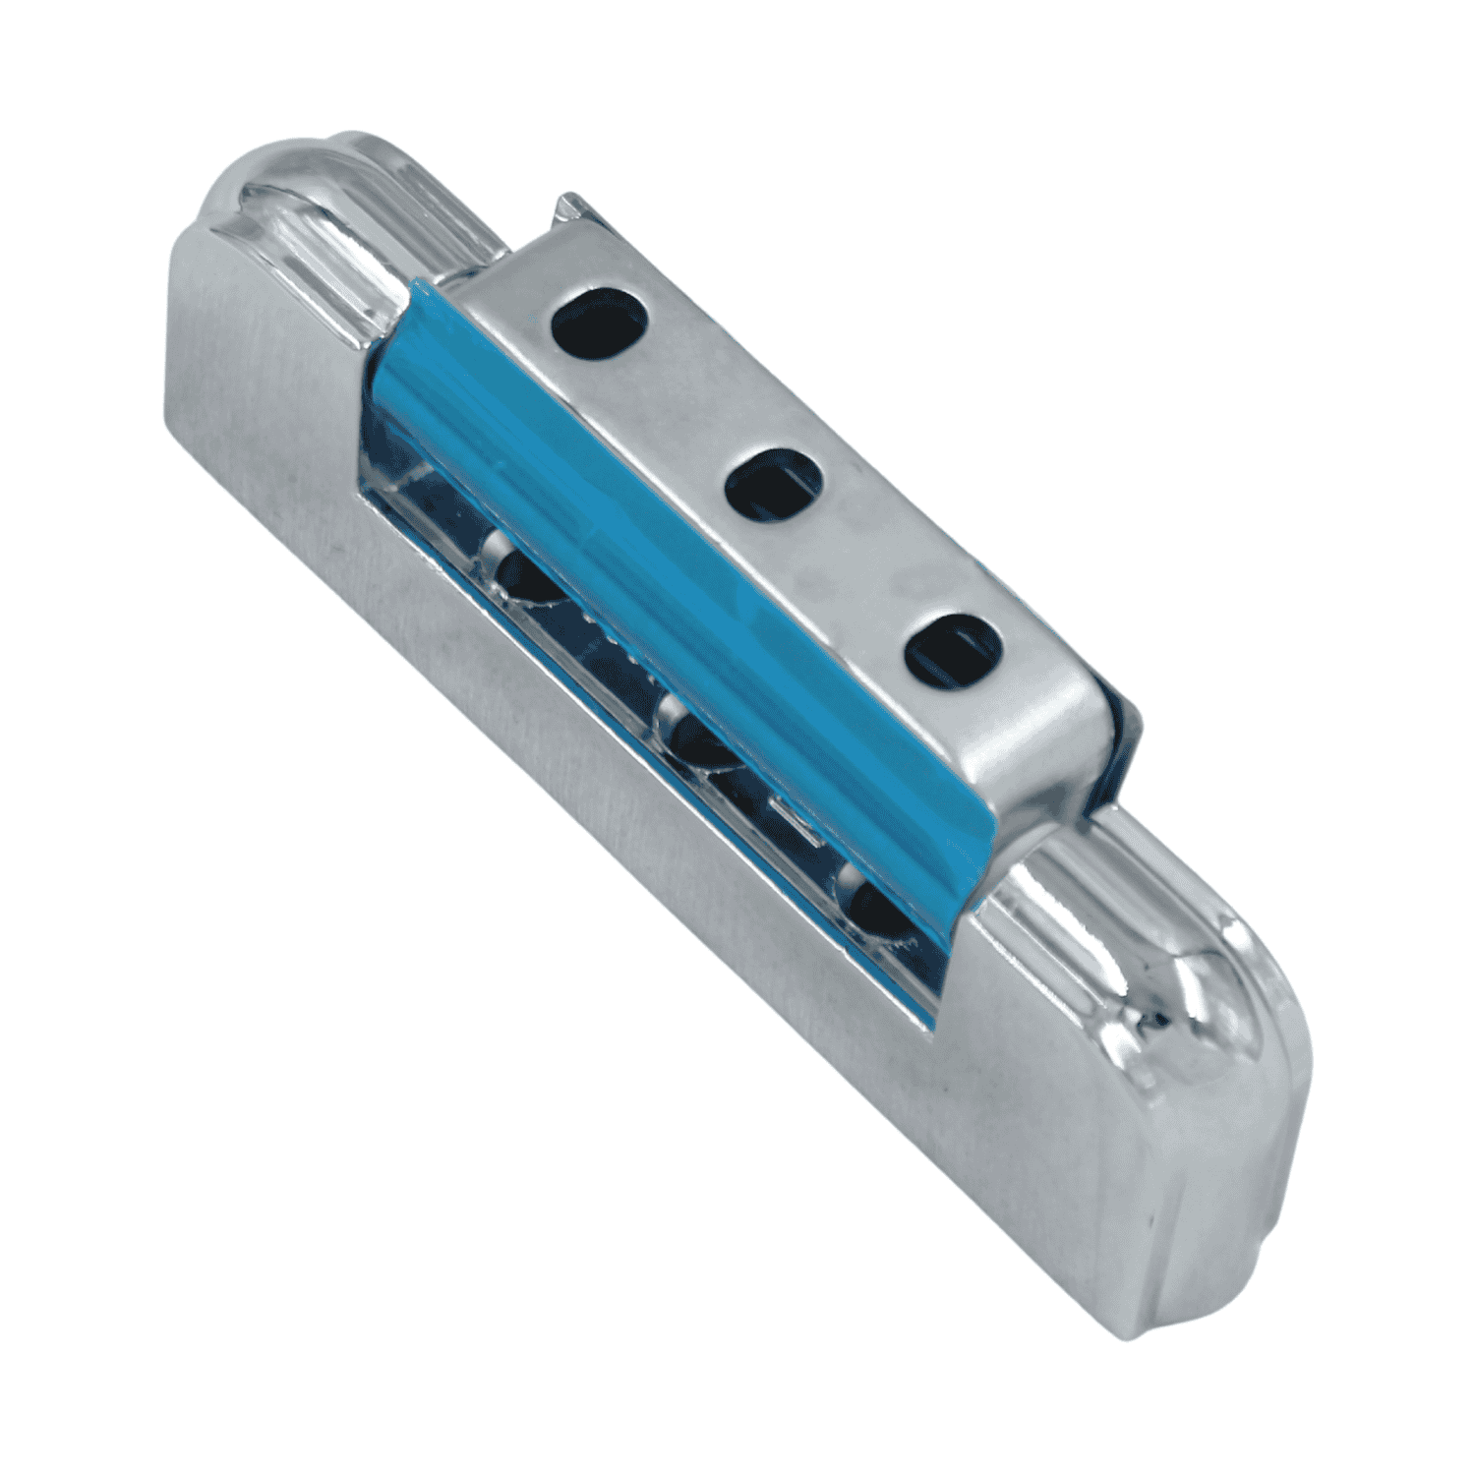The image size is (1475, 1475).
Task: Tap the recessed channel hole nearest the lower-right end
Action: (x=865, y=900)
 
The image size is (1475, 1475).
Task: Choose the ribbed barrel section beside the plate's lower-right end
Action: (x=1082, y=885)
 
